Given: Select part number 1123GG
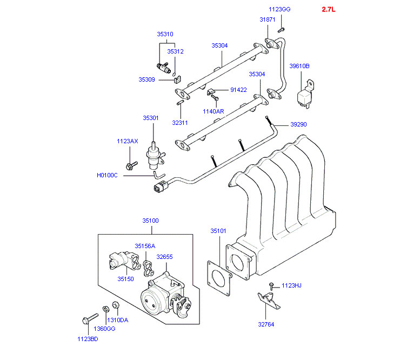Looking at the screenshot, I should tap(279, 9).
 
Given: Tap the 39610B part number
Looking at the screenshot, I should tap(299, 66).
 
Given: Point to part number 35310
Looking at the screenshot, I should tap(165, 34).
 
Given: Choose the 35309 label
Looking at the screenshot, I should tap(146, 79).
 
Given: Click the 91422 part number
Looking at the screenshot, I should tap(238, 90).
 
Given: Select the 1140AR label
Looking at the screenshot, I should tap(213, 111).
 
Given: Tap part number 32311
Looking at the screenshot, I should tap(180, 123).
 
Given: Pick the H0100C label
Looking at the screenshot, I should tap(107, 175).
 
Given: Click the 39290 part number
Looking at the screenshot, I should tap(298, 124).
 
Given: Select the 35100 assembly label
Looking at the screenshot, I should tap(151, 221).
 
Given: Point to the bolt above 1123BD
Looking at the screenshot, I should tap(87, 320).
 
